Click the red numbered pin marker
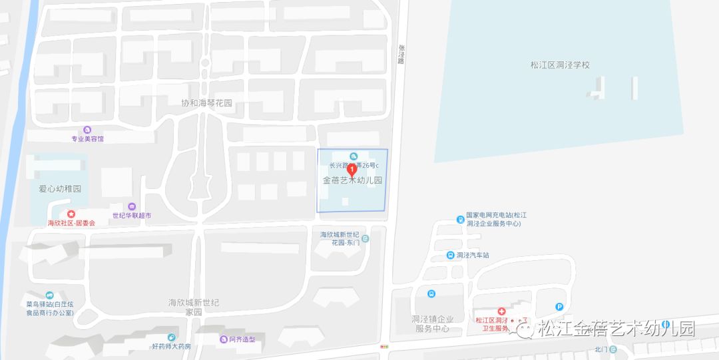point(353,170)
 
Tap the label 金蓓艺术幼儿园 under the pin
point(353,181)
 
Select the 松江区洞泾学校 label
point(560,65)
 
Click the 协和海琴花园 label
point(207,103)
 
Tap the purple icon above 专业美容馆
point(87,130)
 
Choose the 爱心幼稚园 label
point(60,189)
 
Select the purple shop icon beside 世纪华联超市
point(132,207)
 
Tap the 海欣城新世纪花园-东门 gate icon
point(365,238)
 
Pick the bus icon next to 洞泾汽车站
point(450,255)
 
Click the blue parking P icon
point(559,306)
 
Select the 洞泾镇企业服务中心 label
point(433,324)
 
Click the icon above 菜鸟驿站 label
point(49,295)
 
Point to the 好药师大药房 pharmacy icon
point(172,337)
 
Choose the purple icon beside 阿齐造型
point(223,339)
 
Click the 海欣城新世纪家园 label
point(194,307)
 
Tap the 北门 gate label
point(601,349)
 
